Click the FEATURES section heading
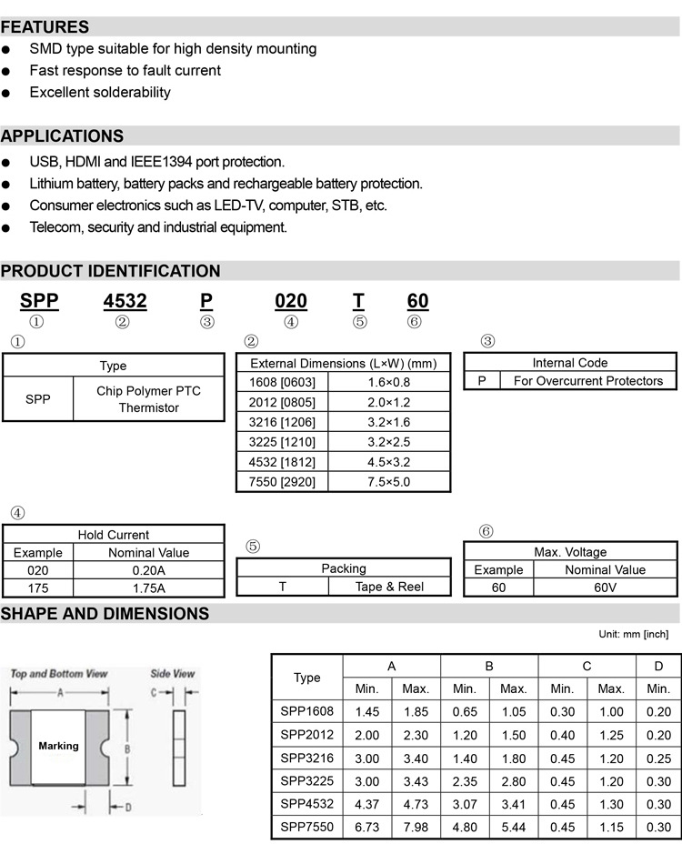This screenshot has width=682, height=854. (x=45, y=27)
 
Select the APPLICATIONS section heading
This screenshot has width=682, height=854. (x=62, y=136)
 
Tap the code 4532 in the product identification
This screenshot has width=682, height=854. (x=125, y=301)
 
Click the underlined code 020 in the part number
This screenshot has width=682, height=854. (x=290, y=301)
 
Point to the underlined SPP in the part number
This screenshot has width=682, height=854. (x=39, y=301)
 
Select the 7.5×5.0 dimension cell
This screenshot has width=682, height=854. (x=388, y=482)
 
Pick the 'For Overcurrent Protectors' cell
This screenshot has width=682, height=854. (x=587, y=381)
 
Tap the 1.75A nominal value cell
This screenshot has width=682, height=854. (x=149, y=588)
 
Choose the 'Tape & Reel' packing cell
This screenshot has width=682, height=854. (x=389, y=587)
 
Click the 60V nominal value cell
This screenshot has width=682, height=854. (x=605, y=588)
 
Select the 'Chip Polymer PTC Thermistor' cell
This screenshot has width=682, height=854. (x=148, y=399)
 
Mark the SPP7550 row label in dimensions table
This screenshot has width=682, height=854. (x=306, y=828)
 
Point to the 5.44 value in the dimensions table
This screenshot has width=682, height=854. (x=514, y=828)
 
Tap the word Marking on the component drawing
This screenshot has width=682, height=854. (x=58, y=746)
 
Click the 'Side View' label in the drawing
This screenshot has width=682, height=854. (x=172, y=674)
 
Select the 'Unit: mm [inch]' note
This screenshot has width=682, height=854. (x=633, y=634)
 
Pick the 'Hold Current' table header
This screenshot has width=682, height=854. (x=113, y=535)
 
